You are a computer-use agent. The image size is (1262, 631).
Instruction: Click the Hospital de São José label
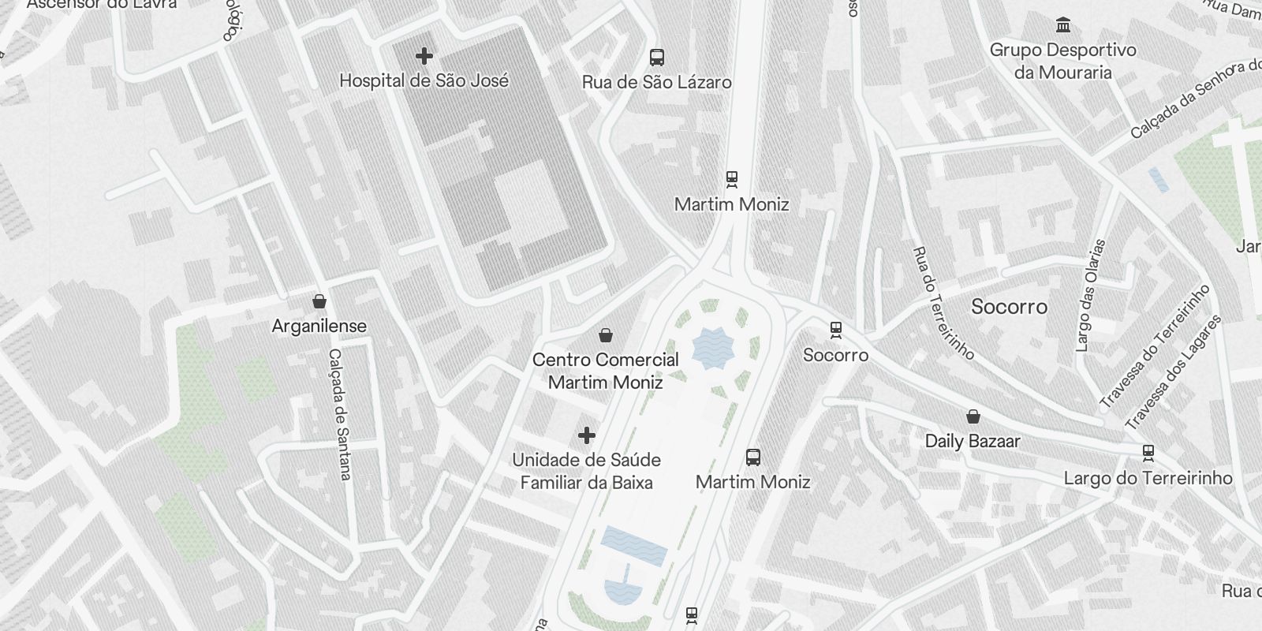tap(424, 80)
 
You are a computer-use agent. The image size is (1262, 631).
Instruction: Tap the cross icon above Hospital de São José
tap(424, 56)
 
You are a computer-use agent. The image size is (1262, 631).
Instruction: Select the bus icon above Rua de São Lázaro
tap(656, 57)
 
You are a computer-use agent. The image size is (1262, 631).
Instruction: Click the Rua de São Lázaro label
tap(656, 82)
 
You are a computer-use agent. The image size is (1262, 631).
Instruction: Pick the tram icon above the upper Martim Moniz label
tap(732, 180)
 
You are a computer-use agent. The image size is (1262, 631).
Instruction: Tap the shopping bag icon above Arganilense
tap(319, 301)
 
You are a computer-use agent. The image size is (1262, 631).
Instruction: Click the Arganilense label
tap(319, 326)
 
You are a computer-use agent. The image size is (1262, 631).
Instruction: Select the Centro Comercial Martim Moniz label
tap(605, 371)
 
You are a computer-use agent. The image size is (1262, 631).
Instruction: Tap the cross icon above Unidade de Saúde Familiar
tap(587, 435)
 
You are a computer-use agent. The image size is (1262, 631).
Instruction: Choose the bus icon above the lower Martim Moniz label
tap(753, 457)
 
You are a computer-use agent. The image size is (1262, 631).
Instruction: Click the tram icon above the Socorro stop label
tap(836, 330)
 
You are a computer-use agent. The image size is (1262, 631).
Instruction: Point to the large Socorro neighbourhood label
tap(1009, 307)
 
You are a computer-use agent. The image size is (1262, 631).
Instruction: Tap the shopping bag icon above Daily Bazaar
tap(973, 416)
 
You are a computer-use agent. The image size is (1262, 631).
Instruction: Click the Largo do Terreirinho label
tap(1148, 478)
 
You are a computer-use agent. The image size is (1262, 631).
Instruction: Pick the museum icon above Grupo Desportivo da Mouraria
tap(1063, 25)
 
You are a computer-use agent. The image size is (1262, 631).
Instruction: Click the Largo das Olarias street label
tap(1091, 296)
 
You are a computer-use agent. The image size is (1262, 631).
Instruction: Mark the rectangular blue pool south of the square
tap(633, 546)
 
